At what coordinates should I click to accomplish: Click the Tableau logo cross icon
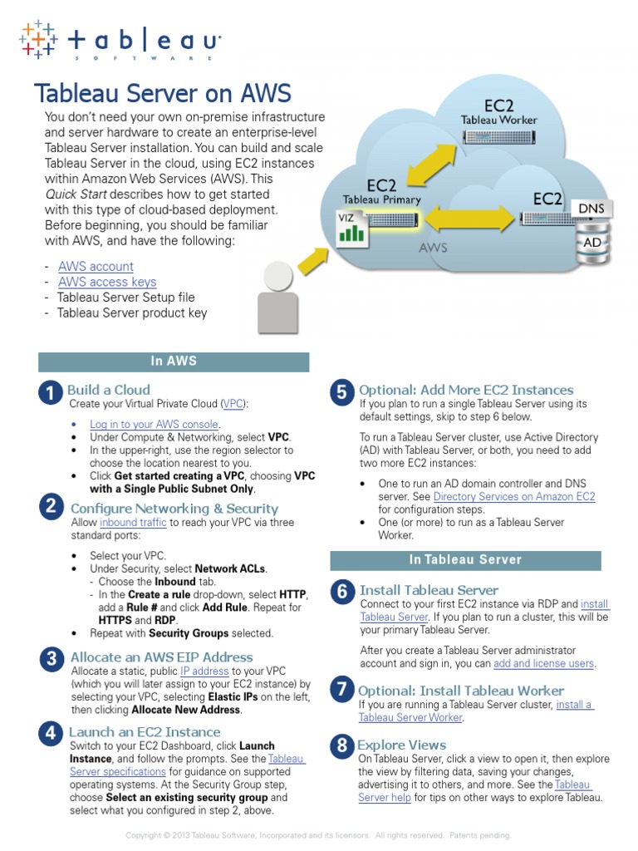tap(37, 39)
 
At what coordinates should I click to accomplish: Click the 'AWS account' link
tap(96, 266)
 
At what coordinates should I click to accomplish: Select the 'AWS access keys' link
tap(107, 282)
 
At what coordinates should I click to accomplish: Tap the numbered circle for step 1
tap(51, 393)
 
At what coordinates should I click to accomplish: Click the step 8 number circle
tap(341, 747)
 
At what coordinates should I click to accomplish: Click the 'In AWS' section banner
tap(174, 362)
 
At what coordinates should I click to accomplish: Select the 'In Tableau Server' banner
tap(465, 559)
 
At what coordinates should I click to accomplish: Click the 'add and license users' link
tap(544, 663)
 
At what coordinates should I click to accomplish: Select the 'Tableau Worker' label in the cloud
tap(498, 120)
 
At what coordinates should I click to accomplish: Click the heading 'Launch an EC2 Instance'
tap(145, 731)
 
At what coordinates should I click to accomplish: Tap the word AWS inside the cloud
tap(433, 248)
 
